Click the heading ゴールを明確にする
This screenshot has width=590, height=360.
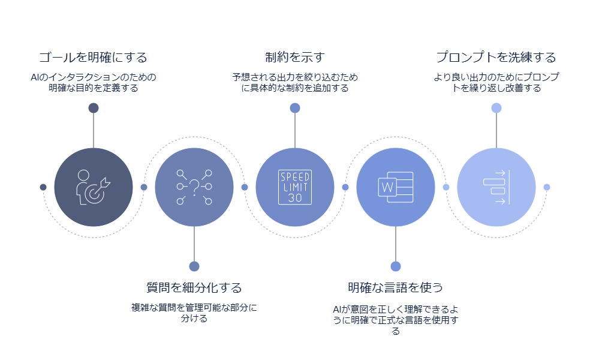point(93,58)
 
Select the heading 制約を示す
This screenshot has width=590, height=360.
point(294,58)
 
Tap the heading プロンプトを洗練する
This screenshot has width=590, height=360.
point(496,58)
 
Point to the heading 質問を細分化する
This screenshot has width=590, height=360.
point(194,287)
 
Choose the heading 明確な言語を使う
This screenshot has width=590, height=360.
point(395,287)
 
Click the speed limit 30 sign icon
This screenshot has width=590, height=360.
point(294,187)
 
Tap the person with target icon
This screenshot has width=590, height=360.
point(93,187)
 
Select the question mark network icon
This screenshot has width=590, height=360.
point(194,187)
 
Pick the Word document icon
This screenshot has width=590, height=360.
point(395,187)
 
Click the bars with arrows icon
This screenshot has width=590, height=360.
point(496,187)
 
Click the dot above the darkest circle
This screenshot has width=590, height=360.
point(93,108)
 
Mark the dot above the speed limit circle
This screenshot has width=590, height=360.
point(294,108)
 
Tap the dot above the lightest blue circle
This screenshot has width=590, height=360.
point(496,108)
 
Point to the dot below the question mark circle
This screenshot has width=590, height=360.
point(194,266)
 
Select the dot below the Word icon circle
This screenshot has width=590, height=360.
point(395,266)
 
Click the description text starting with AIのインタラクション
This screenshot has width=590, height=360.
point(93,82)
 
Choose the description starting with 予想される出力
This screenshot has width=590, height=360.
point(294,82)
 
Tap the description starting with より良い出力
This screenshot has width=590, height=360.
point(496,82)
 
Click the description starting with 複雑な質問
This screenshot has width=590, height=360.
point(194,313)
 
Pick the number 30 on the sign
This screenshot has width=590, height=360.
point(294,197)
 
